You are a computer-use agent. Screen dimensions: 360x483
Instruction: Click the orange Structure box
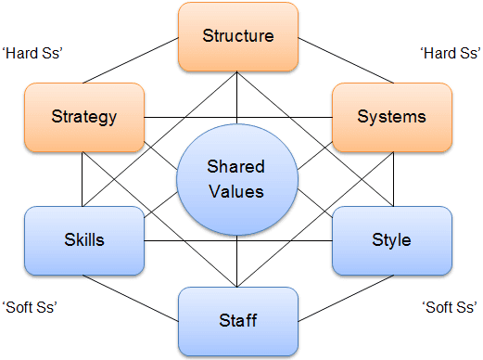click(x=238, y=37)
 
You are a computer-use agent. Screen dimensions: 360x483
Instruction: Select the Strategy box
click(x=84, y=117)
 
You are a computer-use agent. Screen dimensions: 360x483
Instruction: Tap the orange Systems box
click(x=392, y=117)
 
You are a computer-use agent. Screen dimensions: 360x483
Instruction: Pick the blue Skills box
click(x=84, y=239)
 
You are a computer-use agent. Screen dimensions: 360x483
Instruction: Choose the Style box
click(x=392, y=239)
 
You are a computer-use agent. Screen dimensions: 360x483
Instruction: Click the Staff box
click(x=238, y=320)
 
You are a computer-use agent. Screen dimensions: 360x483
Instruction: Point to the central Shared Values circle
click(x=236, y=179)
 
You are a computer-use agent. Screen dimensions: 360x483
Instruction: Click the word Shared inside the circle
click(x=236, y=167)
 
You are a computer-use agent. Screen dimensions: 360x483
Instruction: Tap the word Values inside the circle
click(x=236, y=191)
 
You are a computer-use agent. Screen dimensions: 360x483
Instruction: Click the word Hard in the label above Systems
click(x=432, y=54)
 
